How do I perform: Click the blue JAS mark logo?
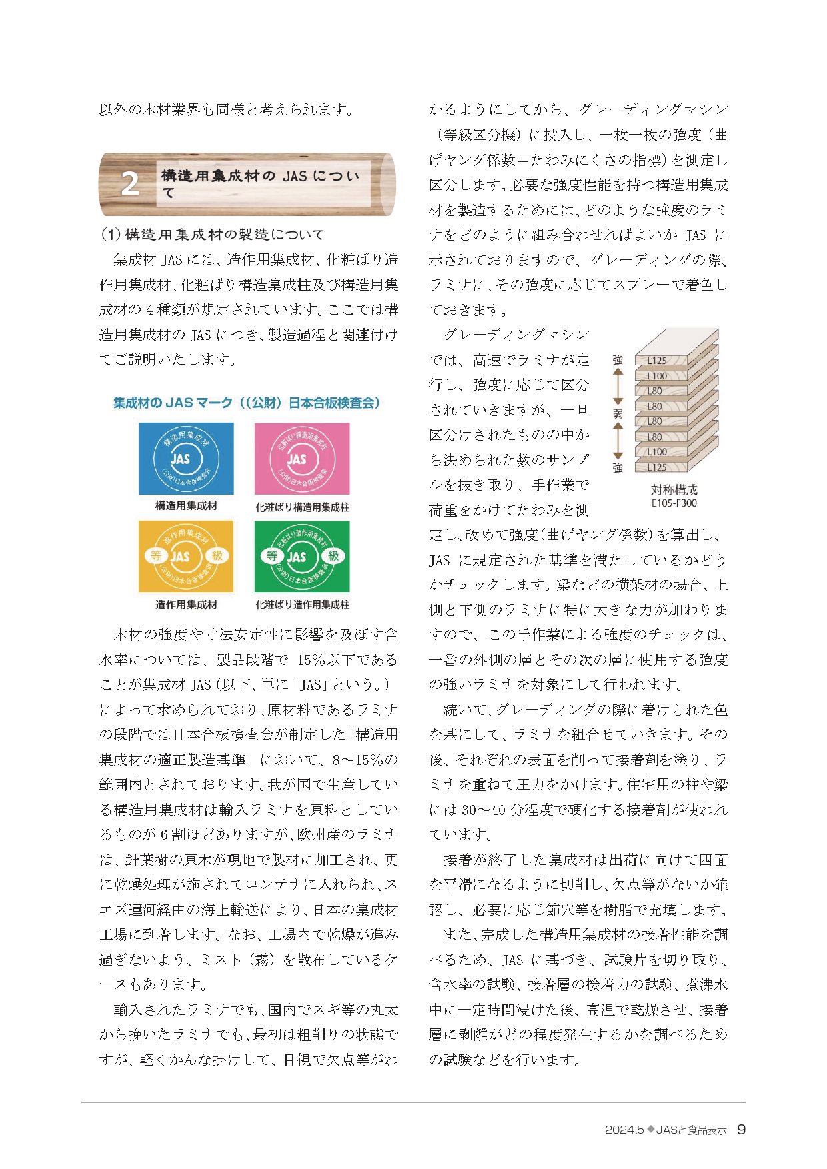[186, 459]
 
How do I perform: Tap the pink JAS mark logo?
[302, 459]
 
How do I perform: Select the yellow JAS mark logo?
[186, 557]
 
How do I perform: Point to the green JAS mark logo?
[302, 557]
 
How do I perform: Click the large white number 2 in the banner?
[131, 185]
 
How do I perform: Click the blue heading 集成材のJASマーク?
[246, 403]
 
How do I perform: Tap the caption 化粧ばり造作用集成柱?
[302, 604]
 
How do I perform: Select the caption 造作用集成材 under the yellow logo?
[186, 604]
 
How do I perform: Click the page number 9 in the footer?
[741, 1129]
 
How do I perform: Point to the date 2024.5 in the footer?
[624, 1130]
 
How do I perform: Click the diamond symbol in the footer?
[650, 1129]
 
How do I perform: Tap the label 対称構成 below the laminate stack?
[674, 490]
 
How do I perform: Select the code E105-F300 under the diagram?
[674, 503]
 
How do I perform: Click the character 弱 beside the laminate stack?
[618, 414]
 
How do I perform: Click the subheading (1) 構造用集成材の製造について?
[212, 235]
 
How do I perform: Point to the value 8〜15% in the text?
[364, 760]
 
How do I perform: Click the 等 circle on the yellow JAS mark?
[155, 555]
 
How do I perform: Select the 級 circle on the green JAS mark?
[333, 555]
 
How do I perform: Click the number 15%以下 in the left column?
[337, 660]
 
